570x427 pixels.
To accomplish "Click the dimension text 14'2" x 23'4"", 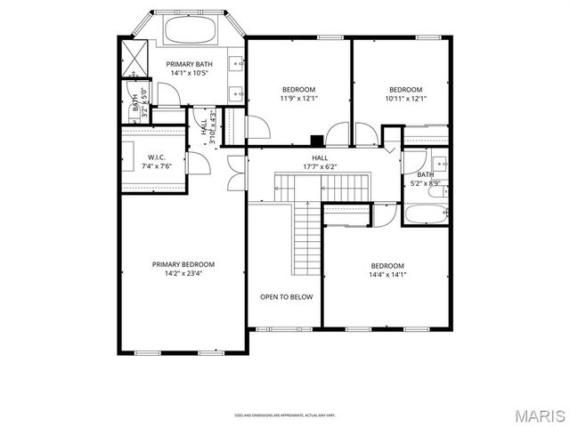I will coord(183,274).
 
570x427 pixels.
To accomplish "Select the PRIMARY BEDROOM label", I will coord(183,264).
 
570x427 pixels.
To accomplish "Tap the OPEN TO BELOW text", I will coord(286,297).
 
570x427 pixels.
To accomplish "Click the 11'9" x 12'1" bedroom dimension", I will coord(298,99).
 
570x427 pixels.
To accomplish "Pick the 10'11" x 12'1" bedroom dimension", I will coord(406,99).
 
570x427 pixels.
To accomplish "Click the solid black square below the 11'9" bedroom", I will coord(316,140).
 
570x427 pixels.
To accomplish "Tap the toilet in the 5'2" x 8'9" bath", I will coord(436,188).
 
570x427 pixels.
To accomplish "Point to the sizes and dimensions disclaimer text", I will coord(285,415).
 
